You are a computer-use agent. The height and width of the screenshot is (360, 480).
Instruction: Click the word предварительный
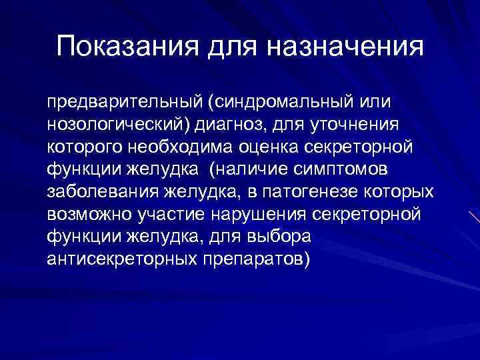123,104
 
